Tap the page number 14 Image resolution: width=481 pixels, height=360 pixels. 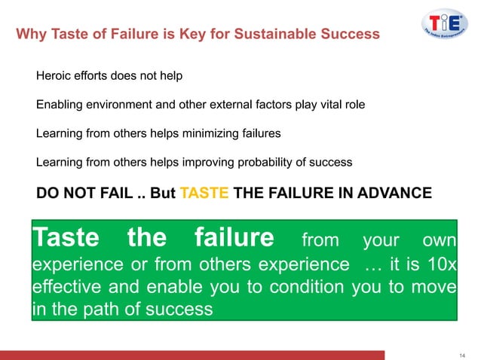461,355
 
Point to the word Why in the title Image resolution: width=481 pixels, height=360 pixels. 30,34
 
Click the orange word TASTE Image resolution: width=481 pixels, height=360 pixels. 205,192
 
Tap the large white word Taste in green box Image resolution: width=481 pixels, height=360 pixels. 66,239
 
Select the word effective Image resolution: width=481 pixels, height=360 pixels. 66,288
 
